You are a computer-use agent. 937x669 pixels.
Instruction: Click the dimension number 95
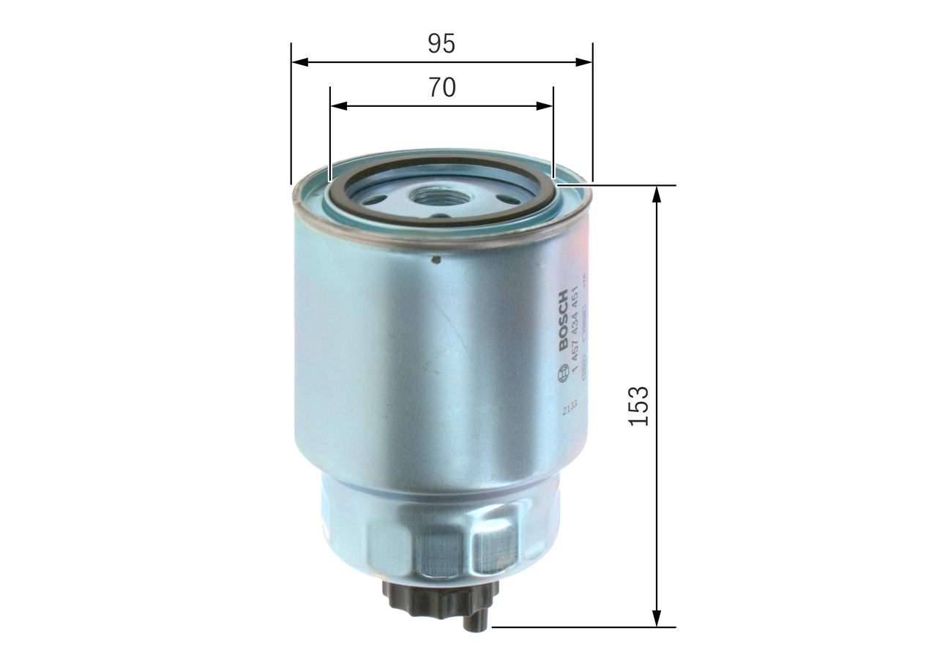click(441, 44)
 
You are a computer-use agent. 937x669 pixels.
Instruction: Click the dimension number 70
click(441, 87)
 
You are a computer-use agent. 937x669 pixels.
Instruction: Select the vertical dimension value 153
click(638, 405)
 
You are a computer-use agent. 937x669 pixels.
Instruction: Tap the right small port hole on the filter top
click(505, 199)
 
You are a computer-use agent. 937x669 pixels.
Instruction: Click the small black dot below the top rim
click(436, 258)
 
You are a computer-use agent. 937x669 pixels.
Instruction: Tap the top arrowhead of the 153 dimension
click(657, 194)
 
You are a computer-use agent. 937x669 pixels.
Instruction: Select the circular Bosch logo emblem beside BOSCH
click(562, 375)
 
